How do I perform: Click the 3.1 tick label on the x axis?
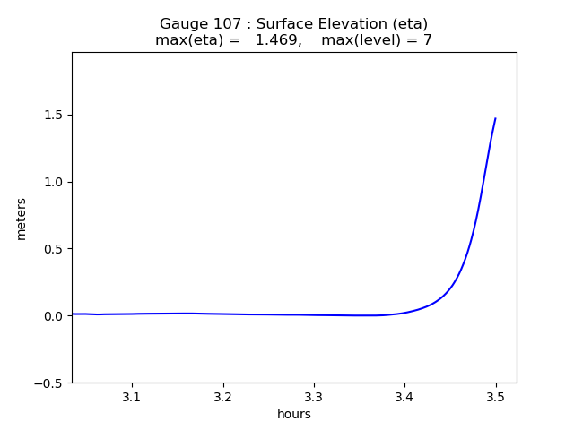click(132, 397)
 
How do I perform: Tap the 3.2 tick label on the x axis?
click(222, 397)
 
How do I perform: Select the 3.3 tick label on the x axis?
click(313, 397)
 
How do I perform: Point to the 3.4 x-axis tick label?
click(404, 397)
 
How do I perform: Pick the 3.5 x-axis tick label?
click(495, 397)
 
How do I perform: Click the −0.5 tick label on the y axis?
click(50, 383)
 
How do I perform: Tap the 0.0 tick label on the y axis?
click(55, 316)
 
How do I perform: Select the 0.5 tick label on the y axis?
click(55, 249)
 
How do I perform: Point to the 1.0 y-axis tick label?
click(55, 182)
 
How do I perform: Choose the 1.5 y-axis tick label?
click(55, 115)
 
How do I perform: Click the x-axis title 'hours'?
click(294, 414)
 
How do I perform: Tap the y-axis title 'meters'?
click(22, 219)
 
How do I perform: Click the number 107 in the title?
click(223, 24)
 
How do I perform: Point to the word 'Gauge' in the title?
click(182, 24)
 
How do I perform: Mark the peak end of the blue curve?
click(495, 118)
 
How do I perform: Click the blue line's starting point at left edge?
click(73, 314)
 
